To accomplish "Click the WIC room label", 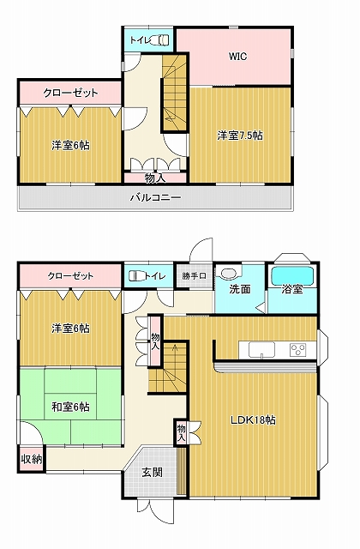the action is click(x=238, y=57).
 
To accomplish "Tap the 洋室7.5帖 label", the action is click(x=240, y=136).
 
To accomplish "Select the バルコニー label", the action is click(x=156, y=198).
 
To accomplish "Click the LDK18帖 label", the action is click(x=253, y=419).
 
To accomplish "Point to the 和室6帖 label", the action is click(x=70, y=407).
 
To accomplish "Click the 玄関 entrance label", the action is click(x=153, y=473).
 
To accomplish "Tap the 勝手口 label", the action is click(x=194, y=276).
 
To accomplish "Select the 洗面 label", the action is click(x=240, y=289).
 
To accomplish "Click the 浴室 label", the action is click(x=292, y=290).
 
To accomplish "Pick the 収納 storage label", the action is click(x=32, y=459).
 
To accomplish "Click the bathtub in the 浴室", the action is click(x=292, y=276).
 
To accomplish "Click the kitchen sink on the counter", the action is click(x=261, y=349).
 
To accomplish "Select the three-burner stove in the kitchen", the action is click(x=297, y=349).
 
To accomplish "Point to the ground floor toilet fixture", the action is click(x=136, y=276).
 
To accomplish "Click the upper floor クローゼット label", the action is click(x=70, y=94).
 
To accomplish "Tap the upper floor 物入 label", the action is click(x=155, y=178).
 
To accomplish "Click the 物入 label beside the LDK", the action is click(x=181, y=433).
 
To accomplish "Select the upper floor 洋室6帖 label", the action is click(x=70, y=145).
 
